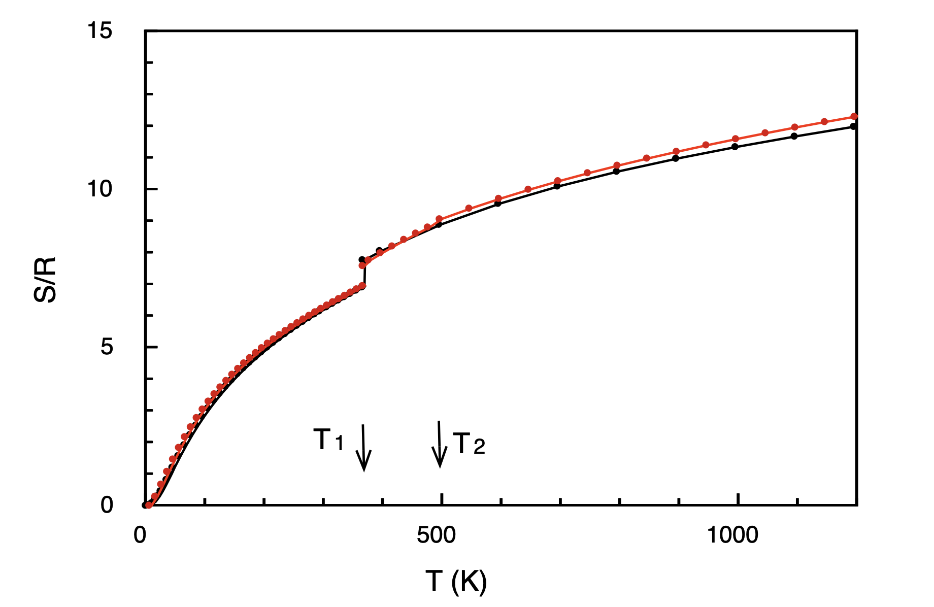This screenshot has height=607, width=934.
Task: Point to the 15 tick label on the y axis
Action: tap(99, 31)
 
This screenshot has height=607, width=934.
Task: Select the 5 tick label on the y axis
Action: tap(106, 348)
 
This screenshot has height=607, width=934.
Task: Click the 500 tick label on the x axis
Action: tap(436, 535)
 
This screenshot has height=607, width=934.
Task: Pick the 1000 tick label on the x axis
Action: tap(732, 535)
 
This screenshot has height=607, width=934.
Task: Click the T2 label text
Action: tap(469, 444)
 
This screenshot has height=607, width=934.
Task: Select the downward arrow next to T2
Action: tap(439, 444)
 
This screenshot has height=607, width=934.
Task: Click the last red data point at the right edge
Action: tap(854, 116)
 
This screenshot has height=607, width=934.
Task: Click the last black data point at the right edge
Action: tap(854, 126)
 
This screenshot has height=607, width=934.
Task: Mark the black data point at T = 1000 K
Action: tap(735, 147)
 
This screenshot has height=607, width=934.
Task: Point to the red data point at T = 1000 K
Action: tap(735, 139)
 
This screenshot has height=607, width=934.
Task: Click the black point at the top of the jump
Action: tap(362, 259)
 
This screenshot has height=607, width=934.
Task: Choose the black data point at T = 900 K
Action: tap(676, 158)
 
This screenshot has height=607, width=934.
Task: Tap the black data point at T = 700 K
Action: tap(557, 186)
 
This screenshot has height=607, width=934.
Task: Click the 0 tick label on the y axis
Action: tap(106, 505)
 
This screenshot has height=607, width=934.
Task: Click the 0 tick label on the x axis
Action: tap(140, 535)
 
